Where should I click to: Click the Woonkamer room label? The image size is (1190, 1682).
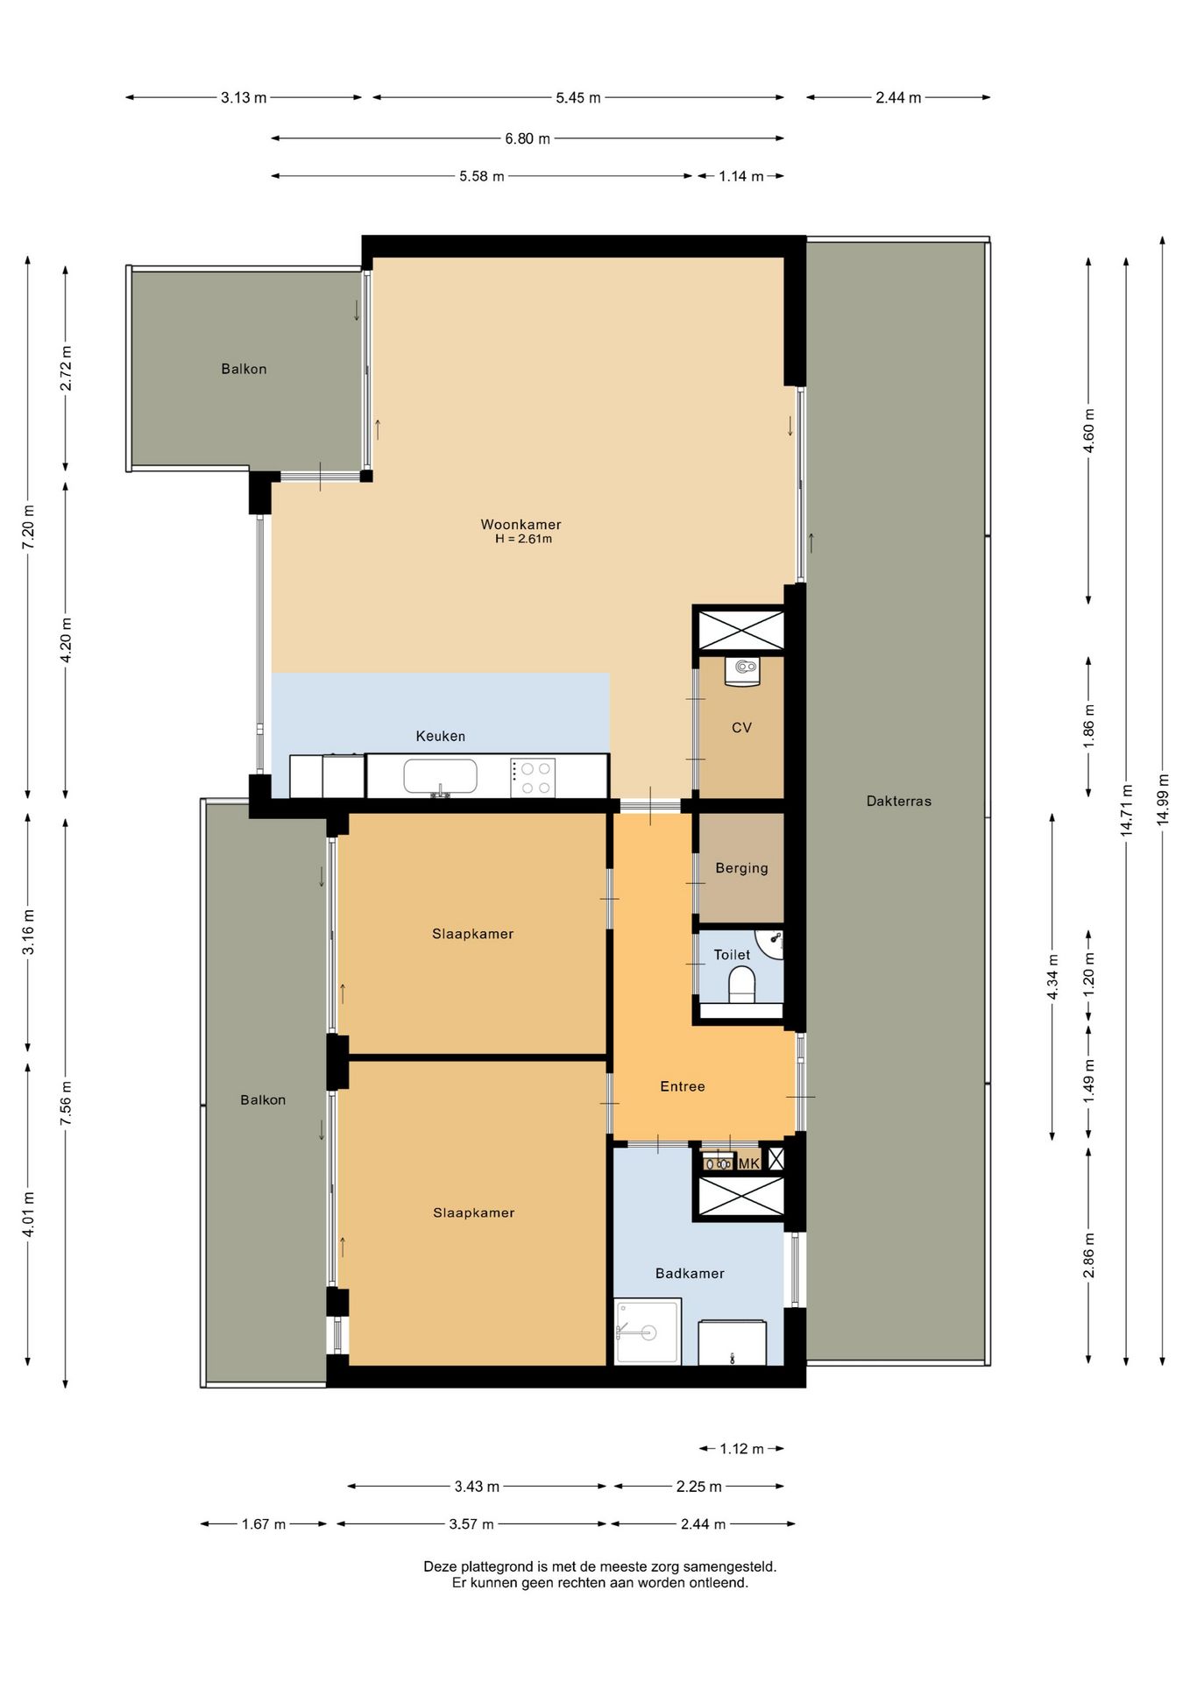521,524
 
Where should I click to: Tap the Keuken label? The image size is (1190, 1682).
440,736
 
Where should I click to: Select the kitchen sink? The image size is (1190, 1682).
440,777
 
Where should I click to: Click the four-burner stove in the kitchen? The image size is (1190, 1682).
533,777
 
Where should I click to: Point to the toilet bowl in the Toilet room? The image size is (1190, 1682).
741,984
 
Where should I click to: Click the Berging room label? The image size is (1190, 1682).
741,867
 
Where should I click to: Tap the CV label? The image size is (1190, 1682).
741,727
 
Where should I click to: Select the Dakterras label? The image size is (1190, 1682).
898,801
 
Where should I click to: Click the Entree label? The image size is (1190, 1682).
682,1086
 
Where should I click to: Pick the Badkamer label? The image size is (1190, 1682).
690,1273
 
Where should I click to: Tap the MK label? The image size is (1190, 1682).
748,1163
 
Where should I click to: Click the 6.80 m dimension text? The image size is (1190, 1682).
528,138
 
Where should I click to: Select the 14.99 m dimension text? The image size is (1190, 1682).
1163,799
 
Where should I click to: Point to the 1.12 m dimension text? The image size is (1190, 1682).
741,1448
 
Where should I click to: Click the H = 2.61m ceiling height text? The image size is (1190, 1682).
523,539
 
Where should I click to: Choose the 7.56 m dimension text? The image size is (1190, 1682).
66,1104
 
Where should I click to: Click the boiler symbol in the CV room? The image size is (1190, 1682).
742,670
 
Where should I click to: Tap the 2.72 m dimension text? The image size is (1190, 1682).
66,369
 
